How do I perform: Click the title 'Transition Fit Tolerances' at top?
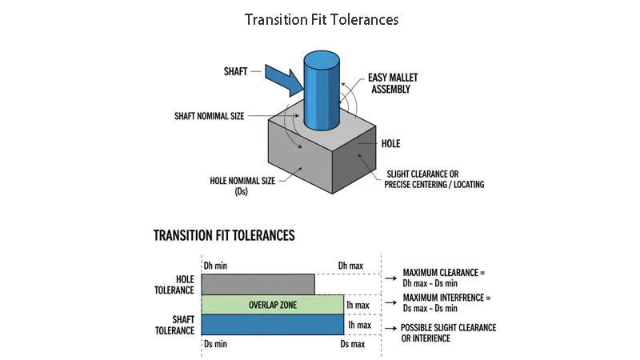pyautogui.click(x=322, y=19)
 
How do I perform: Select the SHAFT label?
pyautogui.click(x=235, y=71)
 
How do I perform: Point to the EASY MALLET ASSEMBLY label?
pyautogui.click(x=393, y=83)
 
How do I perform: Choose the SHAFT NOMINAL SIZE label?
pyautogui.click(x=210, y=116)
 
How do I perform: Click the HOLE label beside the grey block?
pyautogui.click(x=390, y=144)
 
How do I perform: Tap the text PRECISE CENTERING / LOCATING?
pyautogui.click(x=434, y=185)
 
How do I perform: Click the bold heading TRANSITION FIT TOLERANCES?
pyautogui.click(x=224, y=235)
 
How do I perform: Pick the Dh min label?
pyautogui.click(x=215, y=266)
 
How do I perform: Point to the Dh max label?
pyautogui.click(x=350, y=266)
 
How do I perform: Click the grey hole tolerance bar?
pyautogui.click(x=258, y=285)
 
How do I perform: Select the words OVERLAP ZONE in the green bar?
pyautogui.click(x=273, y=305)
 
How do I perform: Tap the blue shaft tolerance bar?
pyautogui.click(x=273, y=325)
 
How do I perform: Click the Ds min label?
pyautogui.click(x=215, y=344)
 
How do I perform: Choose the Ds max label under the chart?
pyautogui.click(x=353, y=344)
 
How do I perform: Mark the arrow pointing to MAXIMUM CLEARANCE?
pyautogui.click(x=390, y=278)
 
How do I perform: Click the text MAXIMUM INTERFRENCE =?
pyautogui.click(x=447, y=298)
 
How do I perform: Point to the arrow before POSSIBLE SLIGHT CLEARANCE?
pyautogui.click(x=390, y=328)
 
